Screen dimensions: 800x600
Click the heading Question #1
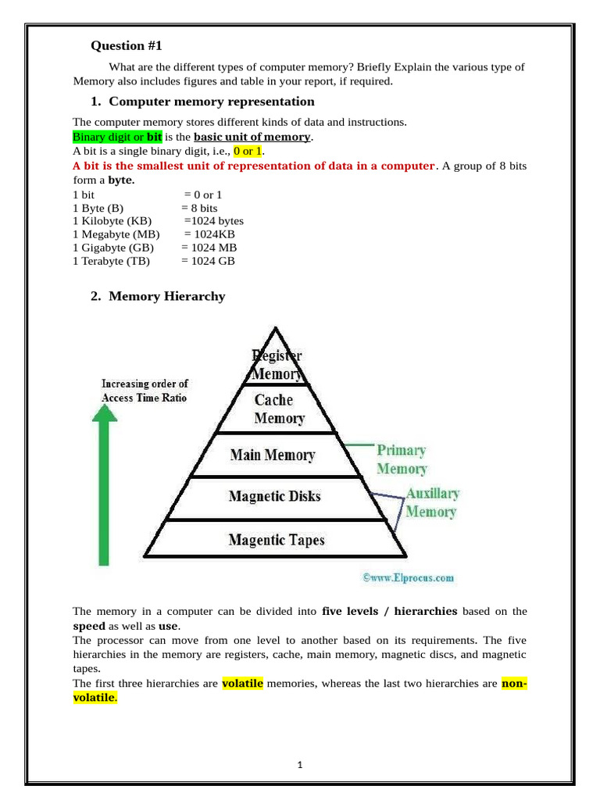tap(126, 45)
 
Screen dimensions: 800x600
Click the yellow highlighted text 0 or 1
tap(248, 151)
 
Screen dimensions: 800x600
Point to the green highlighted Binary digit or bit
tap(117, 137)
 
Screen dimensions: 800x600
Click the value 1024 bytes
tap(214, 221)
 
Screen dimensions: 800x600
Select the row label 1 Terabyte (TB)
tap(111, 261)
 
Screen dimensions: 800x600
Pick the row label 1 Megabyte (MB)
tap(116, 234)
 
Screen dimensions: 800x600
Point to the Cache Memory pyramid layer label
tap(278, 409)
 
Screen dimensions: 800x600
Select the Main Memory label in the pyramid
tap(273, 455)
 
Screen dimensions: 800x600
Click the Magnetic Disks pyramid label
tap(274, 496)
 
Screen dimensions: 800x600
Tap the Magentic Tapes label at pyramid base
tap(277, 540)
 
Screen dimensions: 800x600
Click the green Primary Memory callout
tap(402, 459)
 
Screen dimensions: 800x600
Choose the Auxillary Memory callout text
tap(431, 503)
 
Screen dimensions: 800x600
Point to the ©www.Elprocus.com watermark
tap(408, 578)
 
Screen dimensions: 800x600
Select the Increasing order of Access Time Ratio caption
tap(145, 391)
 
